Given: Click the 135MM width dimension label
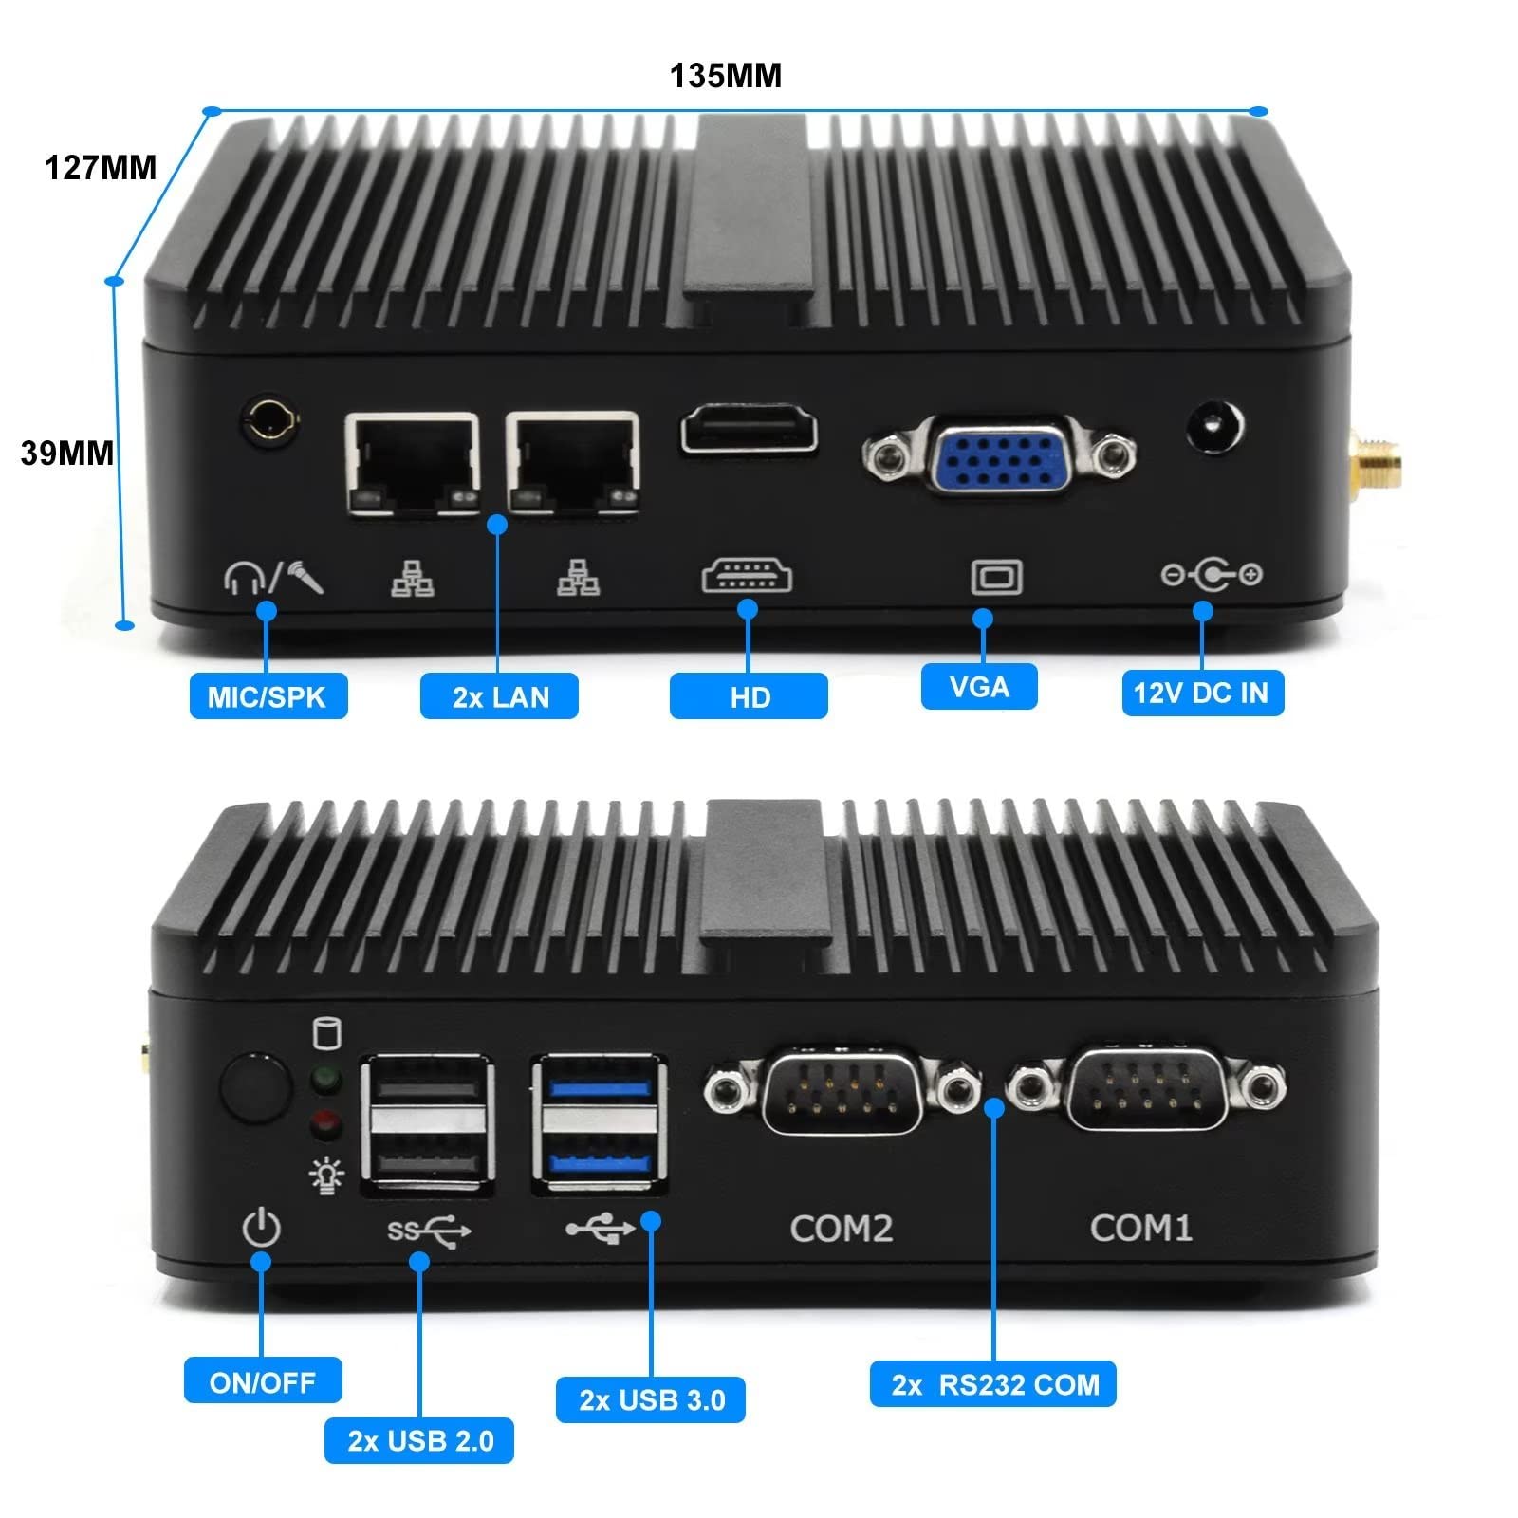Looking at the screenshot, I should (x=726, y=76).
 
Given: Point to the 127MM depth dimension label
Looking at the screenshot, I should (x=101, y=168).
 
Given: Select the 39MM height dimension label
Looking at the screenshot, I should (x=66, y=454).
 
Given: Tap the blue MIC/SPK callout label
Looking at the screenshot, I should (x=268, y=696).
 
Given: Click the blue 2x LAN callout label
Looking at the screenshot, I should (x=500, y=697).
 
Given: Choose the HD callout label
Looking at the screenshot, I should (x=749, y=697).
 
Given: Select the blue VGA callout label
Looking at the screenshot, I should (x=979, y=686).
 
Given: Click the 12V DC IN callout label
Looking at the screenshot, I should (x=1201, y=693).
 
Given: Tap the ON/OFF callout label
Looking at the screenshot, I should (x=263, y=1381).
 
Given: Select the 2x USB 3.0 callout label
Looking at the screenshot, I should (x=651, y=1400).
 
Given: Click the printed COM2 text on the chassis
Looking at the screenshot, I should (x=842, y=1229).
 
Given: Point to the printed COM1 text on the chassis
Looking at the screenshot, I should (x=1140, y=1228).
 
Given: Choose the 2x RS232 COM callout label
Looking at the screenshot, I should (x=993, y=1384).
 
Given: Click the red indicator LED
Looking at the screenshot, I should (x=326, y=1124).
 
